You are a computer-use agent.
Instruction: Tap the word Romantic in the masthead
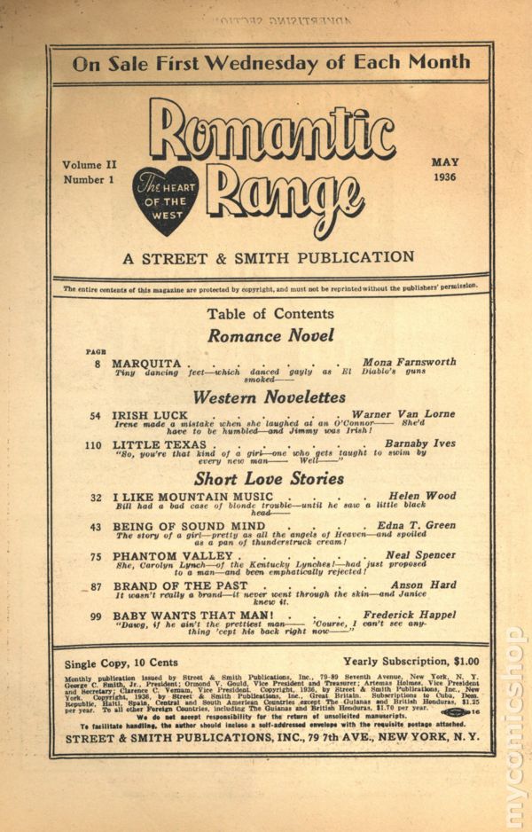point(271,135)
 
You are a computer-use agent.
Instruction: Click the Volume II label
point(90,165)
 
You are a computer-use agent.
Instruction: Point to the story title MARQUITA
point(146,364)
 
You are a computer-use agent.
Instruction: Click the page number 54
point(95,415)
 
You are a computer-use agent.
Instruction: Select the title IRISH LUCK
point(150,415)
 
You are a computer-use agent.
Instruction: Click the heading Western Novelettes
point(270,396)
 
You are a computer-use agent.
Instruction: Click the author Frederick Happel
point(409,615)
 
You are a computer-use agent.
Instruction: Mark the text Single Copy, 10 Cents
point(121,663)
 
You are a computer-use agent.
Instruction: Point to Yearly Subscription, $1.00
point(411,661)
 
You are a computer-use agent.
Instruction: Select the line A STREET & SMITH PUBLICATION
point(269,257)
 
